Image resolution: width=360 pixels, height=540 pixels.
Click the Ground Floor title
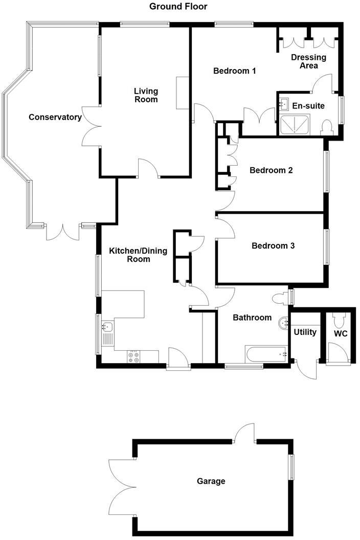coord(178,7)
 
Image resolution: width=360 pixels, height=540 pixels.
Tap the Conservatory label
coord(55,117)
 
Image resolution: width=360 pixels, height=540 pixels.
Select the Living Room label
coord(146,95)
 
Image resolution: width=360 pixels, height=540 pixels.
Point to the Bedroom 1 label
coord(234,71)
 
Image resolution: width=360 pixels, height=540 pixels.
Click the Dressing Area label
coord(304,61)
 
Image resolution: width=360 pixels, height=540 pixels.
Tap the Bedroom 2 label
coord(271,170)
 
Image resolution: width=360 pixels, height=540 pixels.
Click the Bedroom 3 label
coord(273,246)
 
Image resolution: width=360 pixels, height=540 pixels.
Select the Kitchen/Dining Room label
coord(130,255)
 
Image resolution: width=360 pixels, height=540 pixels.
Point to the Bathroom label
coord(252,318)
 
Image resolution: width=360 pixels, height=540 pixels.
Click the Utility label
coord(305,332)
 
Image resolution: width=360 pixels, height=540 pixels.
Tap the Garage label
coord(211,481)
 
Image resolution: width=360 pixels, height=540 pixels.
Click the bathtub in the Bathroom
coord(266,353)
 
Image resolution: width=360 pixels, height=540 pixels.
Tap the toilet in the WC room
coord(337,321)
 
